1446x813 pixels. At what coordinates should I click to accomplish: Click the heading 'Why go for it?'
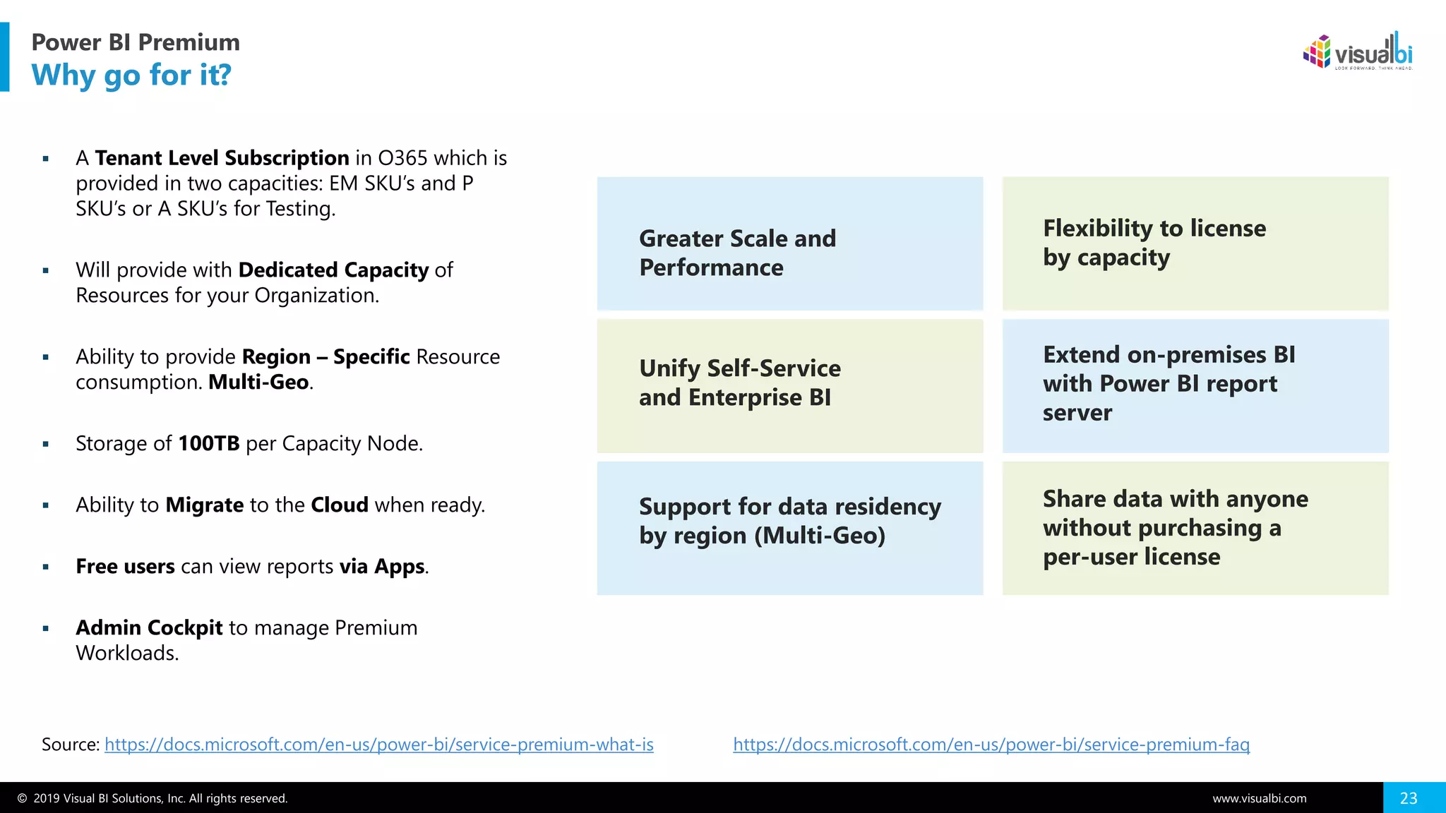tap(131, 75)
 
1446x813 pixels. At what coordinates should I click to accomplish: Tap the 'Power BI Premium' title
tap(136, 42)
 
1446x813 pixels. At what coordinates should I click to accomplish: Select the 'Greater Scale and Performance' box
tap(789, 243)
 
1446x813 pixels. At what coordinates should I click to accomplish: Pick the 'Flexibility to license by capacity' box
tap(1195, 243)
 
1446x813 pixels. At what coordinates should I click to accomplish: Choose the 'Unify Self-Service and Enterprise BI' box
tap(789, 385)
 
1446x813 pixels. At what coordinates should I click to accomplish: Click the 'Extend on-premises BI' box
tap(1195, 385)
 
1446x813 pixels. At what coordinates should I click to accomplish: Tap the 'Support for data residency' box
tap(789, 528)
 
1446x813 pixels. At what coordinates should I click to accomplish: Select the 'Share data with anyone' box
tap(1195, 528)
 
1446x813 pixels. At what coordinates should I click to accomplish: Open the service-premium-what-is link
tap(379, 745)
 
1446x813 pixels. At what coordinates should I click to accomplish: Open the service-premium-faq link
tap(991, 745)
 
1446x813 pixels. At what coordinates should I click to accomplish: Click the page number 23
tap(1409, 798)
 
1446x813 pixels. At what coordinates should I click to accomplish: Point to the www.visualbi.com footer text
tap(1259, 799)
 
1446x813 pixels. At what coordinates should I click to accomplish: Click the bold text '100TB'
tap(209, 443)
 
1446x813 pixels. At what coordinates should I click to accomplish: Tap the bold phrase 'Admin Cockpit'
tap(149, 627)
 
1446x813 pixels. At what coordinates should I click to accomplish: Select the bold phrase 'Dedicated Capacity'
tap(333, 270)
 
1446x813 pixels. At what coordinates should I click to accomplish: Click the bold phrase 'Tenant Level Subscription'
tap(222, 157)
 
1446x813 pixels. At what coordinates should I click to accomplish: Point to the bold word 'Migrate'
tap(205, 505)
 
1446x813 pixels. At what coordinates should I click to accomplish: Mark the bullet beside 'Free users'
tap(46, 567)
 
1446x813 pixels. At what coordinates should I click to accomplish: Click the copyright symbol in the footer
tap(23, 799)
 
